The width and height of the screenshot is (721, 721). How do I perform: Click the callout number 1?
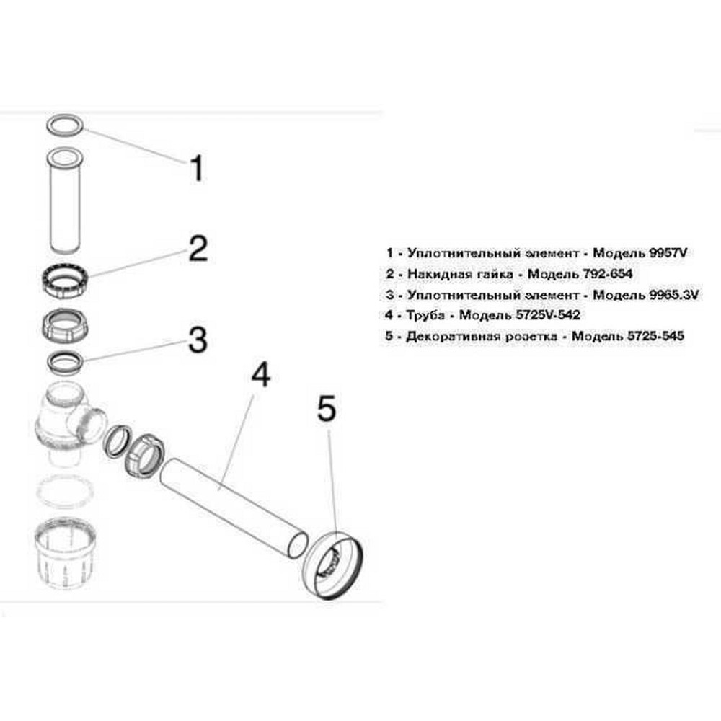pos(195,169)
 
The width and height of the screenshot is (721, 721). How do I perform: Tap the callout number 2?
pos(197,249)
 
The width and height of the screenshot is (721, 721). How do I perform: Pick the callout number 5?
pos(327,409)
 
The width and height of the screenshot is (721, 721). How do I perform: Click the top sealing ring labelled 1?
pos(66,125)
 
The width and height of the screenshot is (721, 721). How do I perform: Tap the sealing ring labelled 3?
pos(66,360)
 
